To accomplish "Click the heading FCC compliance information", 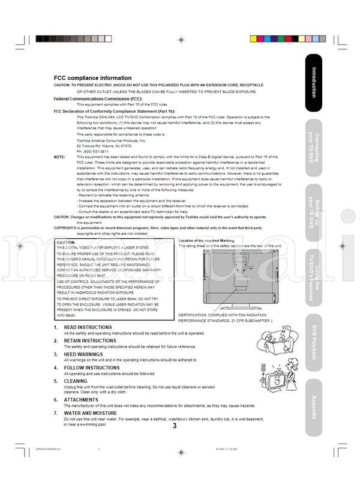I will pyautogui.click(x=92, y=78).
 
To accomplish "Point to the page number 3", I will pyautogui.click(x=175, y=427).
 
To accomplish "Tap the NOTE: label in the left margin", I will pyautogui.click(x=59, y=157).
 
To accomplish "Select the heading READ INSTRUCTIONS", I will pyautogui.click(x=88, y=327).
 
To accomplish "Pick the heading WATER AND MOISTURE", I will pyautogui.click(x=90, y=414).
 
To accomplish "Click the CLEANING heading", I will pyautogui.click(x=76, y=381).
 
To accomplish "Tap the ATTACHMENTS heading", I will pyautogui.click(x=81, y=400).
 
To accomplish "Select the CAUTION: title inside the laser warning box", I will pyautogui.click(x=66, y=242).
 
